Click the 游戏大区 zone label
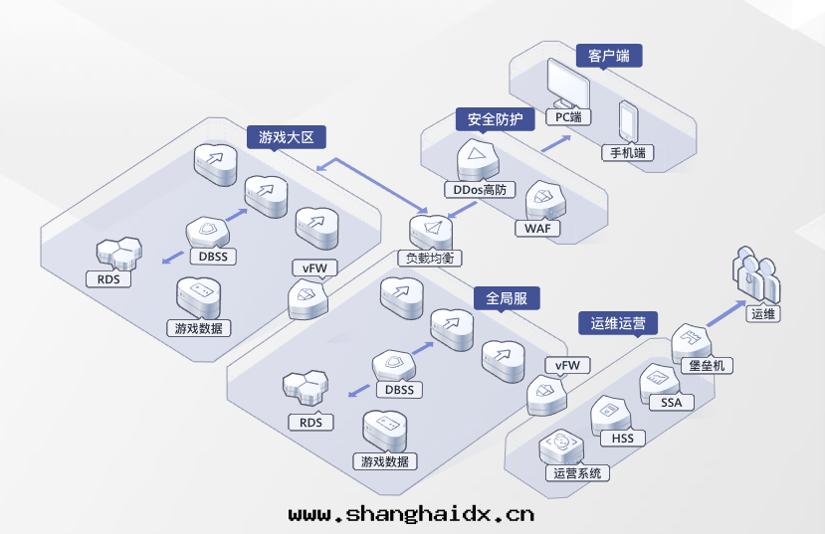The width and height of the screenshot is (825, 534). [287, 137]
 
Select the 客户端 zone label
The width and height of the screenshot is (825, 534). [609, 56]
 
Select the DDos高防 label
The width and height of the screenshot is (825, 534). [480, 189]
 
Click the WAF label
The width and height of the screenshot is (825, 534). [537, 229]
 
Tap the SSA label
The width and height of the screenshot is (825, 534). [671, 402]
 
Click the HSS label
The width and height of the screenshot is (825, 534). [622, 438]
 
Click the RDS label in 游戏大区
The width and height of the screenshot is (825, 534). [108, 279]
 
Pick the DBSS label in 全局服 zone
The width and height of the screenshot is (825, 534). [399, 390]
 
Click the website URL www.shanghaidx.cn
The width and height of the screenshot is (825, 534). [411, 514]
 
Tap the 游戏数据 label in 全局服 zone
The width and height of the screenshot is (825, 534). [385, 461]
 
